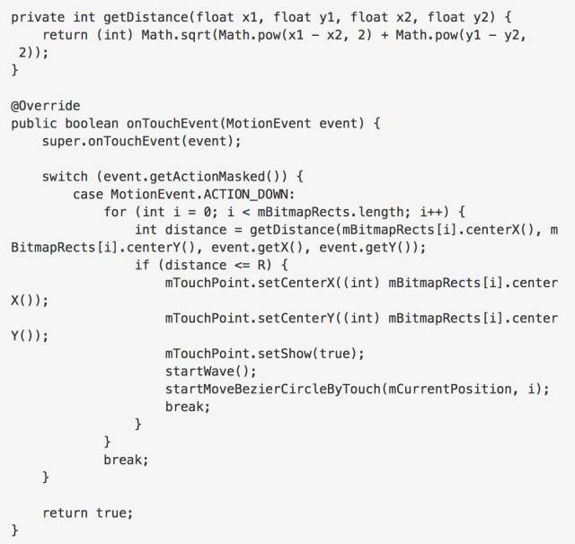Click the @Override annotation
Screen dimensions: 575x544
(x=45, y=105)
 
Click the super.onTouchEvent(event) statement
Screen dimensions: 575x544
(x=141, y=141)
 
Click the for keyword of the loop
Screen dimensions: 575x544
(x=115, y=211)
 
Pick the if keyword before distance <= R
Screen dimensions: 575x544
(x=141, y=265)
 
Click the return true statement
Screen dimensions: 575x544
(x=87, y=512)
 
